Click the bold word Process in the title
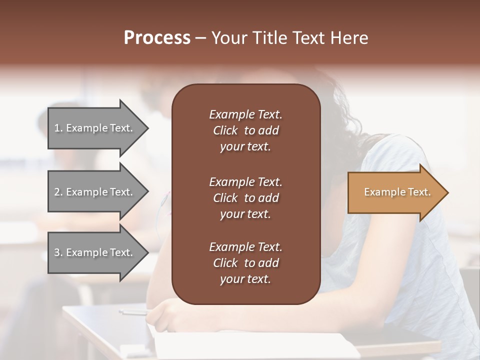pos(157,37)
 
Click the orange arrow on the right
pos(395,192)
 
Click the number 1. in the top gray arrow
pos(58,128)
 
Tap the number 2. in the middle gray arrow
pos(58,192)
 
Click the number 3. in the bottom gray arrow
pos(58,252)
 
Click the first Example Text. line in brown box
pos(245,114)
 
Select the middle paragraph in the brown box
pos(245,198)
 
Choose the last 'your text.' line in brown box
pos(245,279)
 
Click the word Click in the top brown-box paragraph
pos(225,131)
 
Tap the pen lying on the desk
pos(133,312)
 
